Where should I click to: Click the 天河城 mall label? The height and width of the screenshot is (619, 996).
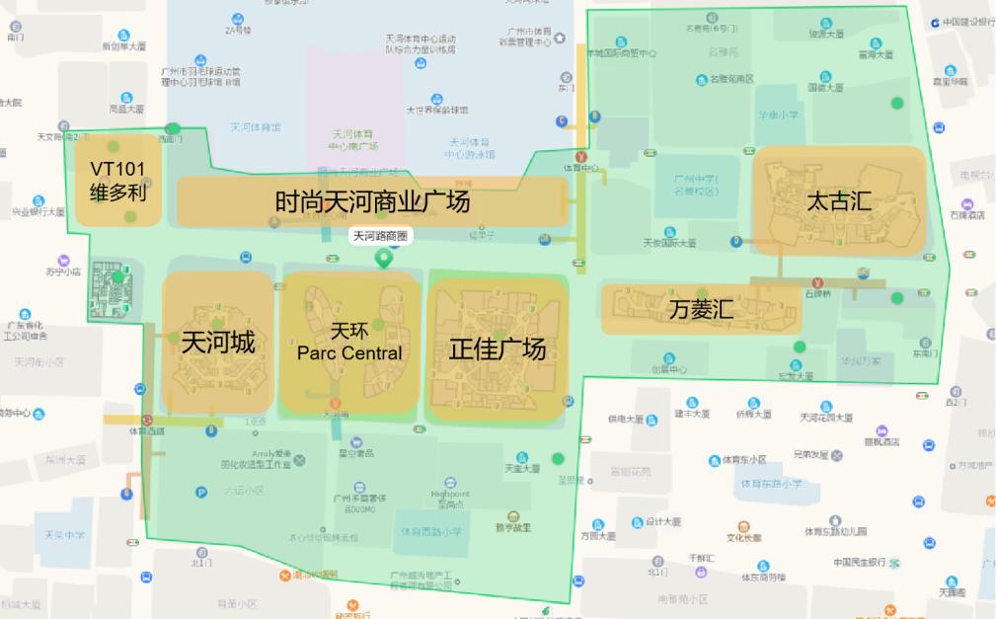(218, 343)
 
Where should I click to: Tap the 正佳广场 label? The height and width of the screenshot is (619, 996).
(497, 348)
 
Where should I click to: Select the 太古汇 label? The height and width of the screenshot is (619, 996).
(839, 200)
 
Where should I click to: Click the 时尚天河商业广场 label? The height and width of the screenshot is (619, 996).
(372, 201)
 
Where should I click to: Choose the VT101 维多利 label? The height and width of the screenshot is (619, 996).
(118, 181)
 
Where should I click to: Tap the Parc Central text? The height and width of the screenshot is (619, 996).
(349, 352)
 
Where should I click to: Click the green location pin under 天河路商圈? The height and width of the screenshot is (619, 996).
(383, 259)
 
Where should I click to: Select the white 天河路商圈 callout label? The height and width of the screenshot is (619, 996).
(381, 236)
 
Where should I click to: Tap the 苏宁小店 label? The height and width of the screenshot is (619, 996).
(62, 271)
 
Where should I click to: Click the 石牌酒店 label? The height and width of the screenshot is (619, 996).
(968, 213)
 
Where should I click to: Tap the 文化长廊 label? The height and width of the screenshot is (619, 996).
(743, 537)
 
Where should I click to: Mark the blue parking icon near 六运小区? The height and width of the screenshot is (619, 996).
(201, 492)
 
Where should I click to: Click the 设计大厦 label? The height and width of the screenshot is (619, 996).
(663, 521)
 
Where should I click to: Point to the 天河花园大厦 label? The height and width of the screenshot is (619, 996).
(827, 417)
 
